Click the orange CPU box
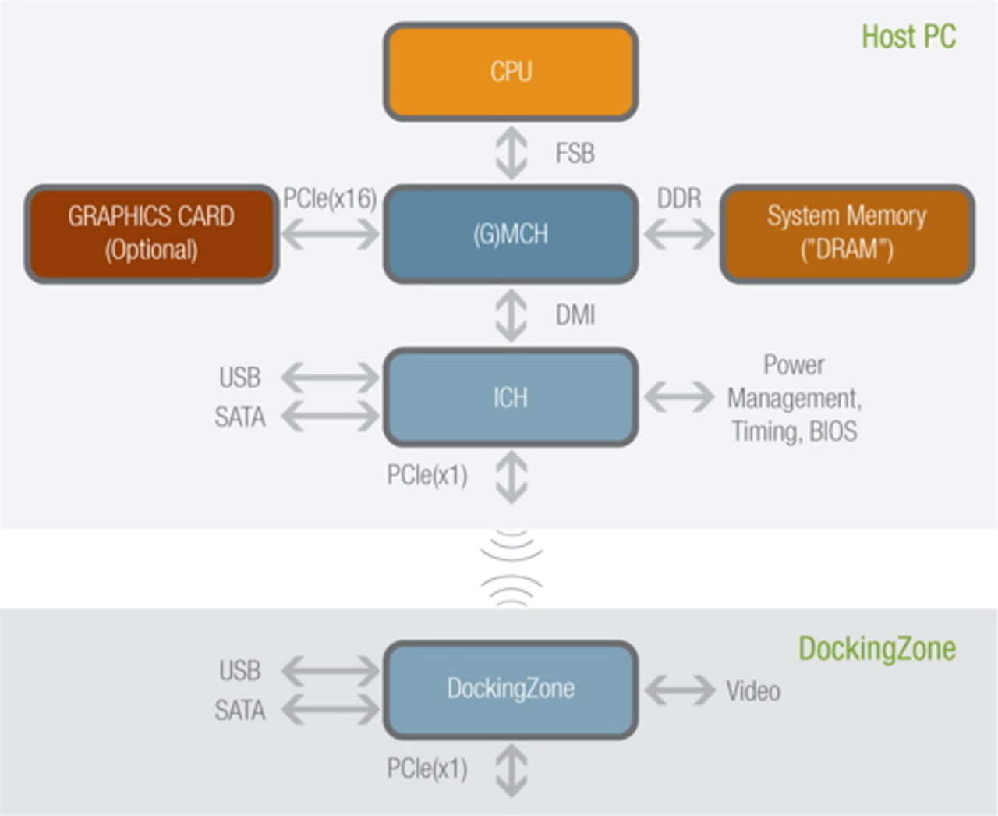pyautogui.click(x=511, y=72)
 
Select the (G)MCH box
pyautogui.click(x=511, y=234)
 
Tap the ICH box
pyautogui.click(x=511, y=398)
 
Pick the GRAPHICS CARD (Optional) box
pyautogui.click(x=151, y=233)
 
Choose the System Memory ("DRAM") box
pyautogui.click(x=847, y=233)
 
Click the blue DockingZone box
pyautogui.click(x=511, y=689)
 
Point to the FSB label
pyautogui.click(x=575, y=153)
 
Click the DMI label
pyautogui.click(x=575, y=315)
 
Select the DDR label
pyautogui.click(x=678, y=199)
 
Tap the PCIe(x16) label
pyautogui.click(x=329, y=199)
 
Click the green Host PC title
pyautogui.click(x=908, y=37)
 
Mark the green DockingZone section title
pyautogui.click(x=876, y=649)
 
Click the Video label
pyautogui.click(x=752, y=691)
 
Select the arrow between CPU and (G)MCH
pyautogui.click(x=511, y=153)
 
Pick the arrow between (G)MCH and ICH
pyautogui.click(x=511, y=315)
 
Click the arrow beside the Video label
pyautogui.click(x=679, y=690)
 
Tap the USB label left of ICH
pyautogui.click(x=239, y=378)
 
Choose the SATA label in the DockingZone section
pyautogui.click(x=239, y=711)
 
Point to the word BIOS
pyautogui.click(x=833, y=431)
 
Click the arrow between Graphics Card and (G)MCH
pyautogui.click(x=330, y=233)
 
